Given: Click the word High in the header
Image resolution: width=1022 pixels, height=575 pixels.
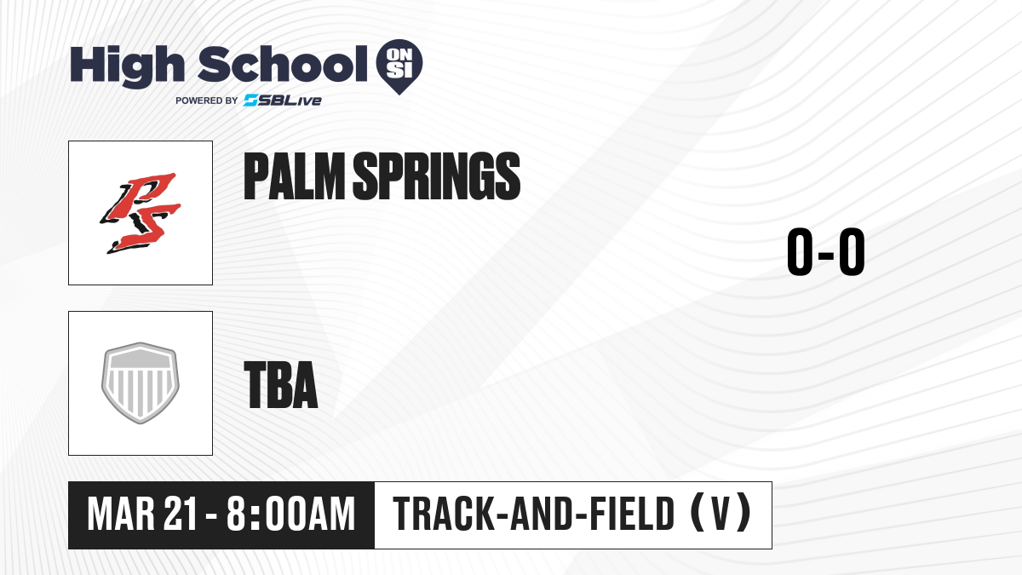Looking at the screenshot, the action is coord(127,66).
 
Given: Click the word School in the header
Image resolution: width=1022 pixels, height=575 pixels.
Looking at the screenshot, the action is coord(283,64).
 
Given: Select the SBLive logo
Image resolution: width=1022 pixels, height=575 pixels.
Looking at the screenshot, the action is coord(283,101).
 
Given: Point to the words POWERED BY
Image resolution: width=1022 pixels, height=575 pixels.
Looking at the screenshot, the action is coord(207,101).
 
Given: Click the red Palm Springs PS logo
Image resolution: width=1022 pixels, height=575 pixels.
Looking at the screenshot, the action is coord(141,213).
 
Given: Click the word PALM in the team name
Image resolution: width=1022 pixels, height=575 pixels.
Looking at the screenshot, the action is coord(295,176).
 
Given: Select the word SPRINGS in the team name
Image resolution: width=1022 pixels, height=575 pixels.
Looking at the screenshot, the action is coord(437,176).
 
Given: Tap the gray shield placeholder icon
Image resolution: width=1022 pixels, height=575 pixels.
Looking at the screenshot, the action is coord(141,383).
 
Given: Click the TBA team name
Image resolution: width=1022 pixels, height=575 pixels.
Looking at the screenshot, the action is coord(281,385).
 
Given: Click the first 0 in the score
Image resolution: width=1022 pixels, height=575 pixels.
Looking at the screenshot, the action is coord(801,251).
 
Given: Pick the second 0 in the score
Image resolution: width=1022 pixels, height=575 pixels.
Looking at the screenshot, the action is coord(852,251).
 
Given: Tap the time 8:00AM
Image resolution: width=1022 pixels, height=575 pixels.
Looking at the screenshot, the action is coord(290,515).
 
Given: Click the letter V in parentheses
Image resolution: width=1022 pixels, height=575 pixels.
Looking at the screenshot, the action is coord(721,515).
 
